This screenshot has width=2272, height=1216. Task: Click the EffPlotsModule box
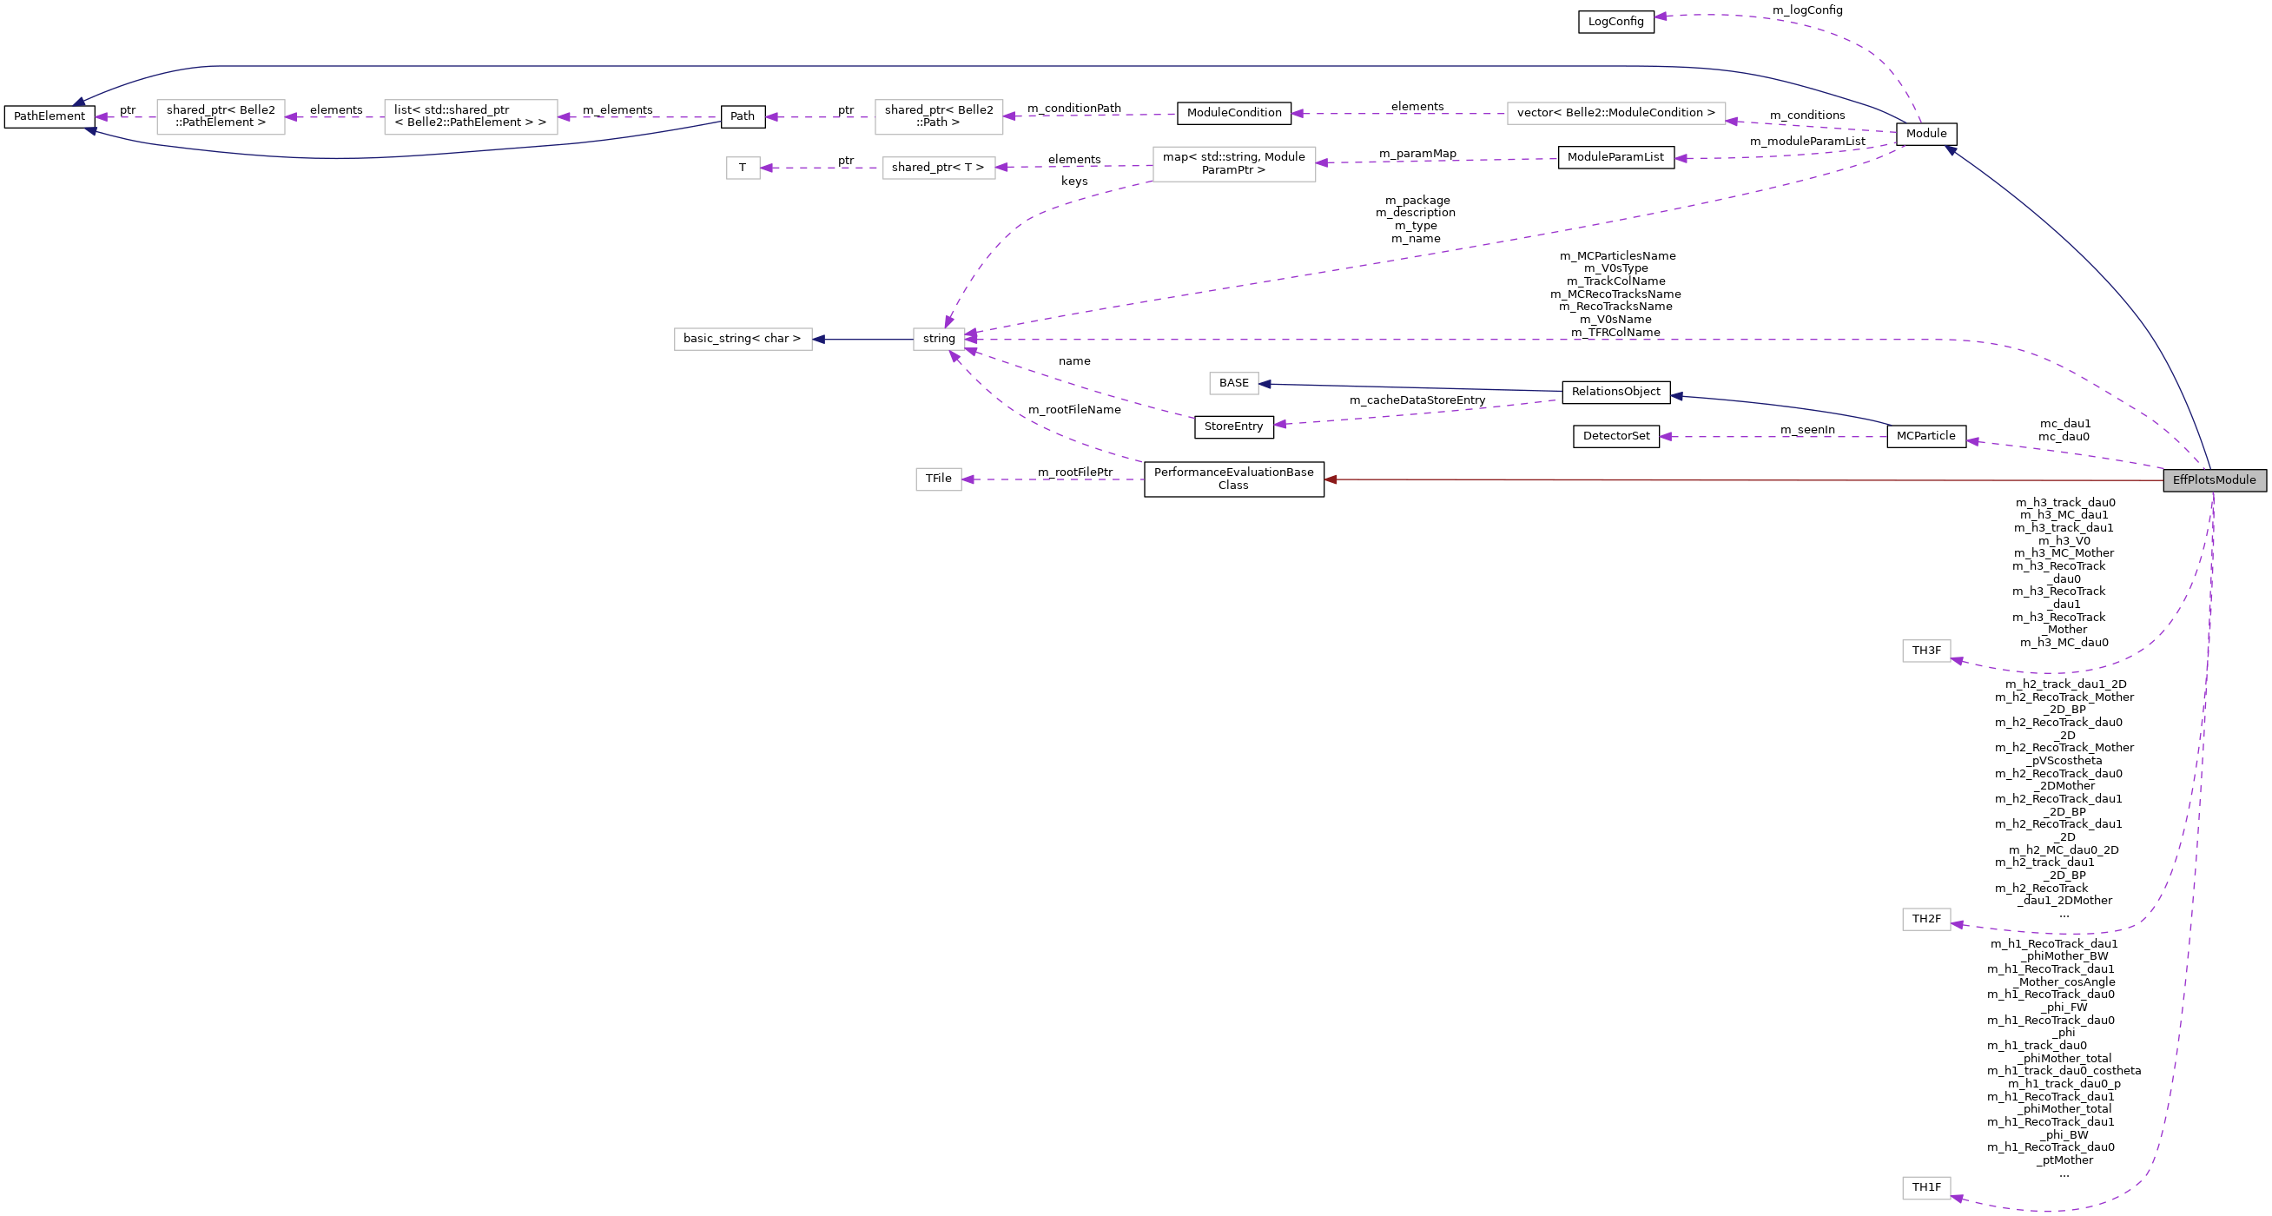2214,479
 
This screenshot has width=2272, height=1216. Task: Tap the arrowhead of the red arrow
1330,479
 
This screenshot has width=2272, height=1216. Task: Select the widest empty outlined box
1615,114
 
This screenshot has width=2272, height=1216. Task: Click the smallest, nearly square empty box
743,168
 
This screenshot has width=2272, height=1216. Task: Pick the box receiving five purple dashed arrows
939,339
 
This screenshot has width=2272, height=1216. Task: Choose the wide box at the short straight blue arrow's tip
743,339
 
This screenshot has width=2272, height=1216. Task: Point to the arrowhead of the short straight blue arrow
818,339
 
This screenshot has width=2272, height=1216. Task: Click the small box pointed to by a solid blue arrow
1233,384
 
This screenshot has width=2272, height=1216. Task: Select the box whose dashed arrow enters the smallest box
939,168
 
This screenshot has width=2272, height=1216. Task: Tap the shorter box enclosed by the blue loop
221,117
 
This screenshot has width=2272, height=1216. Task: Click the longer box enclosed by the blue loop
470,117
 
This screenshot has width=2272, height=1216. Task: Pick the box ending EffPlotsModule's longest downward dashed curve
1925,1188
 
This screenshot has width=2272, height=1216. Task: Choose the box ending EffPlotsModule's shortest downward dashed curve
1925,651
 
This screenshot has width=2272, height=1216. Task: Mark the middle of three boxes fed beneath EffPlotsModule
1925,919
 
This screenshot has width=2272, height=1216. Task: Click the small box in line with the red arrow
938,479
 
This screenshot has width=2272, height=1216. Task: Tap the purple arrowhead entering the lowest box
1956,1198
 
